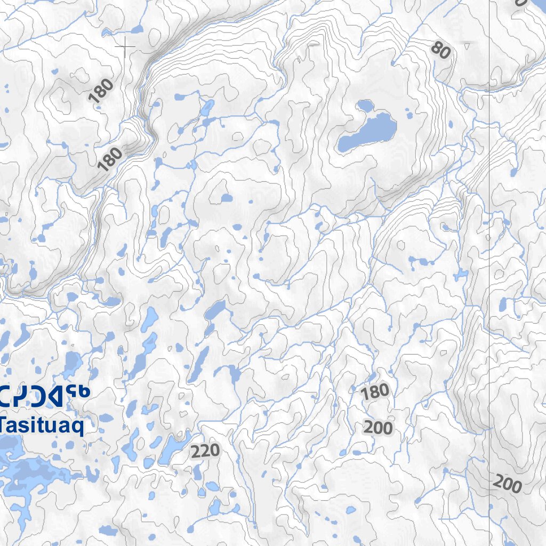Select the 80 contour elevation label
[440, 51]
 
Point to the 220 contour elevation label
[205, 452]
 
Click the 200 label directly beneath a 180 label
[378, 428]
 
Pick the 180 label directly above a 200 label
[375, 392]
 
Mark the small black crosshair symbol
[125, 48]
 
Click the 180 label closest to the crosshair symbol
[101, 91]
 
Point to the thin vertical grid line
[489, 267]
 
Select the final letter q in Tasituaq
[78, 428]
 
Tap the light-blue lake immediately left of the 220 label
[172, 448]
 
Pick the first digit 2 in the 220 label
[196, 453]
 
